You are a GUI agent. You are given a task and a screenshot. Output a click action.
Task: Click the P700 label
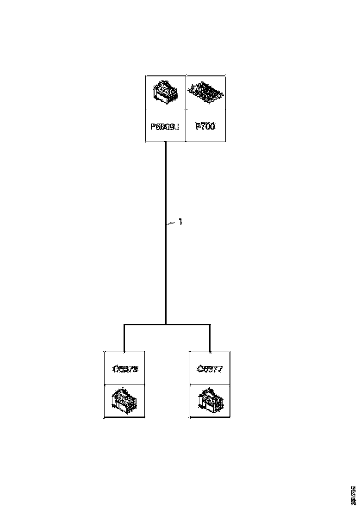[205, 126]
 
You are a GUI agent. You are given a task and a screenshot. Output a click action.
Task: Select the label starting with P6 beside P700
[165, 126]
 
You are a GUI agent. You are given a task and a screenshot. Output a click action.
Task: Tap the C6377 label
[210, 369]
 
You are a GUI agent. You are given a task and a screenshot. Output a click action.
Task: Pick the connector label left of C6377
[125, 369]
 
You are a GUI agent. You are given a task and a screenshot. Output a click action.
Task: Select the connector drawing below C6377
[210, 400]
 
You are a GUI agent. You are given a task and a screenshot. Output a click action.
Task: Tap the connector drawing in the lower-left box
[124, 401]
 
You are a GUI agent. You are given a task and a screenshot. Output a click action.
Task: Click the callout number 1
[180, 222]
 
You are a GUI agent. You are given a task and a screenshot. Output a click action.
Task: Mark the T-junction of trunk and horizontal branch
[166, 325]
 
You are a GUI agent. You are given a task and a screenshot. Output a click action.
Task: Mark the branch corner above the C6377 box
[210, 325]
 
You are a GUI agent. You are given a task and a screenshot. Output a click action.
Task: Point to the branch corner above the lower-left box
[124, 325]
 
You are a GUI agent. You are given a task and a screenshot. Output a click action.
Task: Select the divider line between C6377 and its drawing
[210, 385]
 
